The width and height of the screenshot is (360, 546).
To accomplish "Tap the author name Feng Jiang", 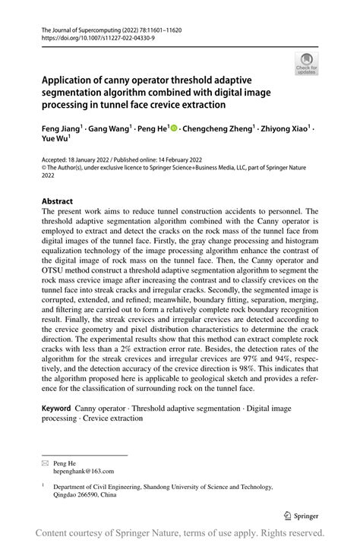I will tap(59, 129).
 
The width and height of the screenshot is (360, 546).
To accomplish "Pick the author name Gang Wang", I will tap(109, 129).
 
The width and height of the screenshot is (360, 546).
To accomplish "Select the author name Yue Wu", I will tap(55, 140).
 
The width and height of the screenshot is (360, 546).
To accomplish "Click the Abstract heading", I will tap(58, 202).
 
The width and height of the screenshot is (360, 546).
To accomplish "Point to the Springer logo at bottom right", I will tap(305, 513).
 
